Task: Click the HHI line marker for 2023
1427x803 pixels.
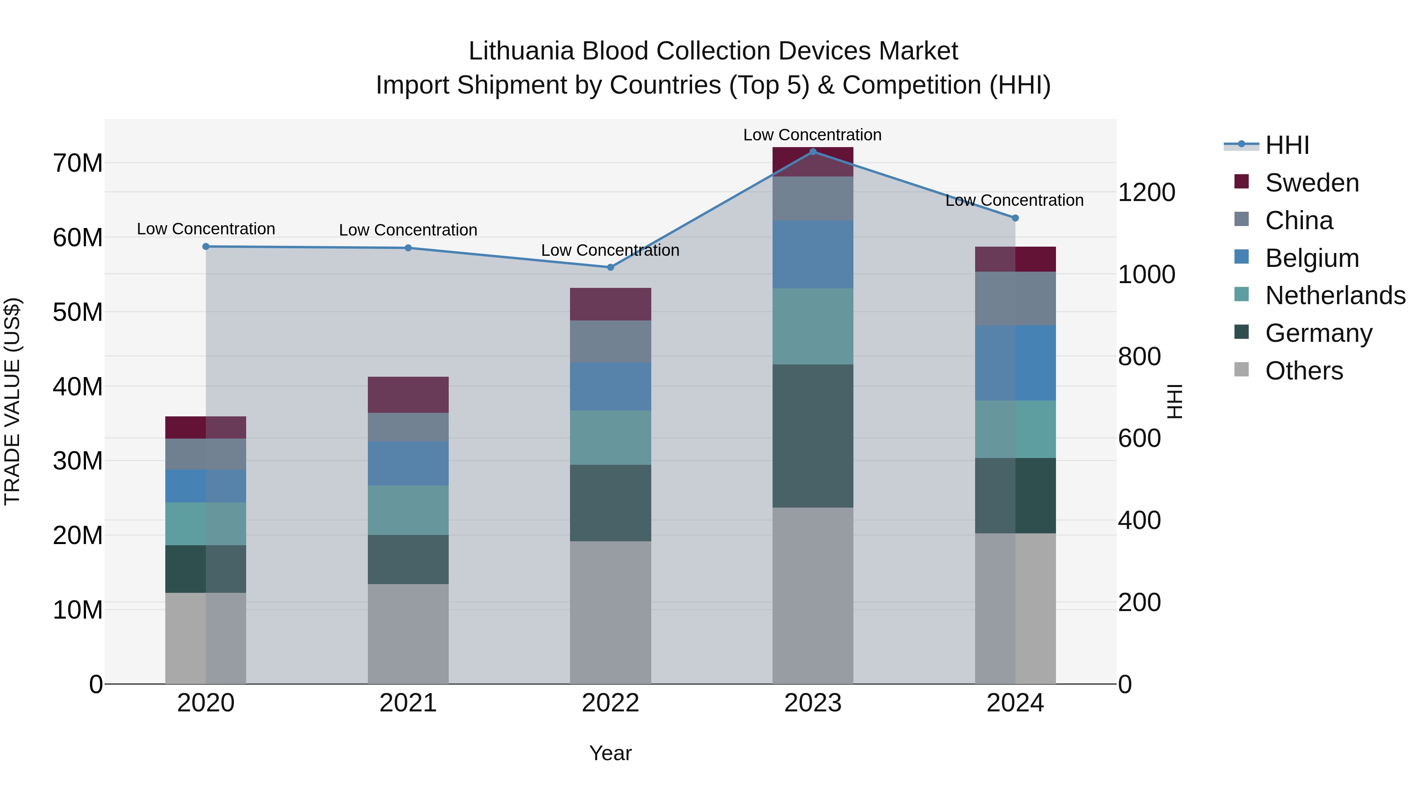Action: point(813,152)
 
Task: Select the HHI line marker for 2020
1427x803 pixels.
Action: point(206,247)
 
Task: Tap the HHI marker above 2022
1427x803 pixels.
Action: point(610,267)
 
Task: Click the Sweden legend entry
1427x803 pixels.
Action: point(1312,183)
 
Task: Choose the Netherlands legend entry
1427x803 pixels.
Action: point(1335,295)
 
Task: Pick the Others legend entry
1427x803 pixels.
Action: point(1304,371)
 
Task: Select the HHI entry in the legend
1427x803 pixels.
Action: point(1287,145)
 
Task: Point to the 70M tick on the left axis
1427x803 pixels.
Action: point(78,163)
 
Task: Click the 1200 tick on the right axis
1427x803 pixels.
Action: point(1146,192)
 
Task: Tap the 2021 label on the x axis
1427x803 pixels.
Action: point(408,703)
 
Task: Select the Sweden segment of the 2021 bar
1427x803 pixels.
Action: point(408,395)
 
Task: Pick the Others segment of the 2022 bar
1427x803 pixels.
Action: point(610,612)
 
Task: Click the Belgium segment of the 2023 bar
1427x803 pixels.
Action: point(813,254)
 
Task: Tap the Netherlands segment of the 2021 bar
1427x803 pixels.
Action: point(408,510)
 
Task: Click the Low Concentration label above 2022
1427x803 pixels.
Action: point(610,251)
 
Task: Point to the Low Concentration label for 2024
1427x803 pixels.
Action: point(1014,201)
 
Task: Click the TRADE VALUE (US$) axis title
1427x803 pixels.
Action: point(12,401)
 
